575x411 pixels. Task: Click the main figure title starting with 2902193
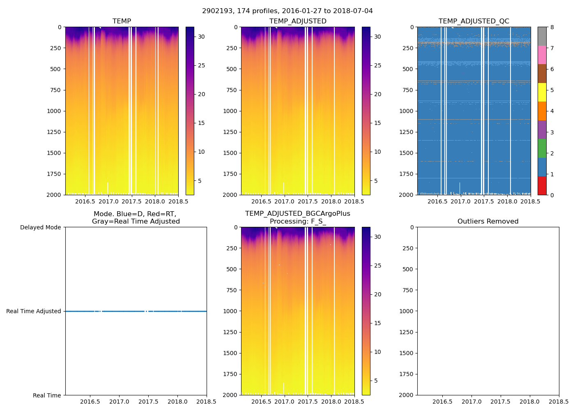(287, 11)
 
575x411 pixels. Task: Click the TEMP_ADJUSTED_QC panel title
(474, 21)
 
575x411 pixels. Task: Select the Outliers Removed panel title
(488, 222)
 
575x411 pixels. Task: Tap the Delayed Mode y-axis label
(40, 228)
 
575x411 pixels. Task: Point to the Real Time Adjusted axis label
(33, 312)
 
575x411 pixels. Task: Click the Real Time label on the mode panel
(47, 395)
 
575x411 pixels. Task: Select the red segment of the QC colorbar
(542, 186)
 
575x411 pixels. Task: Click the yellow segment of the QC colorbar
(542, 92)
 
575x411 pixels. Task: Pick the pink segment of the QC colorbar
(542, 55)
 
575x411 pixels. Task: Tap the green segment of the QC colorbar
(542, 148)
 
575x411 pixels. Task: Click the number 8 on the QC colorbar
(552, 28)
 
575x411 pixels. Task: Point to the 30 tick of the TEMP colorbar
(201, 37)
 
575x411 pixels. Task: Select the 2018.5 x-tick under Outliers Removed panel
(559, 402)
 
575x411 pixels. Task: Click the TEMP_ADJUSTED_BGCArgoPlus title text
(297, 214)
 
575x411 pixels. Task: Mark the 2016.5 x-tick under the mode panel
(90, 402)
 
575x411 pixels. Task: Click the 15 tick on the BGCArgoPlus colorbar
(377, 323)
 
